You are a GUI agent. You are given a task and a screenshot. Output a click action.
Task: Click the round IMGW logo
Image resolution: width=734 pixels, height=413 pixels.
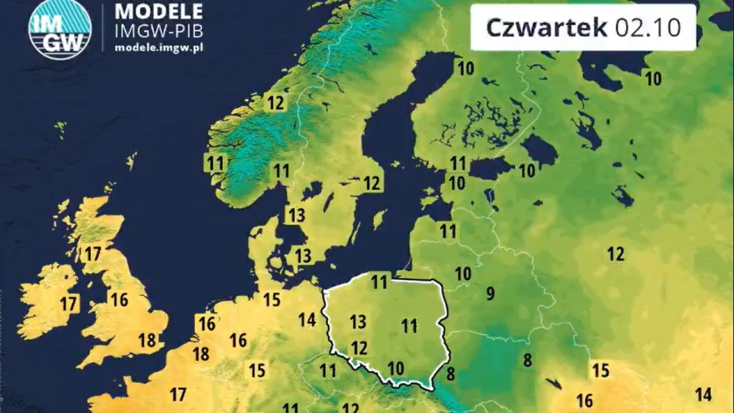[x=60, y=29]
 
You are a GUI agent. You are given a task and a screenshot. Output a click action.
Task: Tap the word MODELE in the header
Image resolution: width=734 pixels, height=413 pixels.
[x=158, y=11]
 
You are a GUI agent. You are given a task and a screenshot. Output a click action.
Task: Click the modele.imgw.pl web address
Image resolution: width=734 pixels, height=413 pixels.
[x=158, y=47]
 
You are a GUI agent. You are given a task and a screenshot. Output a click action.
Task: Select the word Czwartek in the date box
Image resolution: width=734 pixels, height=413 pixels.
[x=547, y=28]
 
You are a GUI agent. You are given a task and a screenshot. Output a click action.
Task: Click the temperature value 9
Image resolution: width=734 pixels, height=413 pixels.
[x=490, y=292]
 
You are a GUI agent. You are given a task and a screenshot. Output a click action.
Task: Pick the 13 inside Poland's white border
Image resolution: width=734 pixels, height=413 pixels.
[x=358, y=320]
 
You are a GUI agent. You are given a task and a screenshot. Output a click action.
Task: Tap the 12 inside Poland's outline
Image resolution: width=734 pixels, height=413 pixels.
[x=359, y=348]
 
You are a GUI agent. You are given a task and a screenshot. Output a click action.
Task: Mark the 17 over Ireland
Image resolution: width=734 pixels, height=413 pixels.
[x=69, y=304]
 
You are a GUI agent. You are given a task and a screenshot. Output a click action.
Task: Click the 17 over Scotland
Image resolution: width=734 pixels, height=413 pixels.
[x=92, y=253]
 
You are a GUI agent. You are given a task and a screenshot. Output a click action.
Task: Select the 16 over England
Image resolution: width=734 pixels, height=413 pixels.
[x=119, y=299]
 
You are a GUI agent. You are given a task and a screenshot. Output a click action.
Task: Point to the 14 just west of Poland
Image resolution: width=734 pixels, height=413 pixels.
[x=307, y=320]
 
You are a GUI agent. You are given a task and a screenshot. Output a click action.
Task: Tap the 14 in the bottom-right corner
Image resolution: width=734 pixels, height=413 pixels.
[x=703, y=395]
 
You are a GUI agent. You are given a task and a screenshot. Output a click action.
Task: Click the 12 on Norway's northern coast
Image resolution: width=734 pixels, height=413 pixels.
[x=274, y=102]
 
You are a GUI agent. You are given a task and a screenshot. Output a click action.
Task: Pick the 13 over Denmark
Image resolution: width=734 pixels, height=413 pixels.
[x=304, y=255]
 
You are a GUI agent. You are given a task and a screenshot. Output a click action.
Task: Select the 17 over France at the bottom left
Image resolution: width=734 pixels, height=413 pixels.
[x=178, y=395]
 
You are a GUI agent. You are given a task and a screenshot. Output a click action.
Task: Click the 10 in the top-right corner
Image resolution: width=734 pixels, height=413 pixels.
[x=653, y=78]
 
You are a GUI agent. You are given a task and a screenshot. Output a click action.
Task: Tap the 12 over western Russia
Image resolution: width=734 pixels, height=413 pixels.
[x=615, y=254]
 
